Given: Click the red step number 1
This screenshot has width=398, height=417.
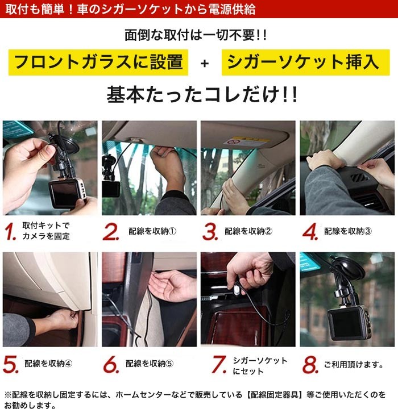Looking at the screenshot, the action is [x=11, y=231].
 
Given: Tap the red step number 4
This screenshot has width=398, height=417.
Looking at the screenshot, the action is [x=310, y=231].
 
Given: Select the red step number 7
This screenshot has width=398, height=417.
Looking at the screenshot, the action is [x=219, y=364].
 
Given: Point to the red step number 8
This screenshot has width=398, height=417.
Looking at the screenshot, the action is [x=310, y=364].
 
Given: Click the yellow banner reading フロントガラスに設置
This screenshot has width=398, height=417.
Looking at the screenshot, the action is [x=98, y=62].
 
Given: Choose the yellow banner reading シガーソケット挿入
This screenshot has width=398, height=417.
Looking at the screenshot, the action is [x=306, y=62].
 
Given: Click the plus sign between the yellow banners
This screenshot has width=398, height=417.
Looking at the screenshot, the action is [x=205, y=63].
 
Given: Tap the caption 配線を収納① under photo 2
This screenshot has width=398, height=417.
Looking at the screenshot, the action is [x=152, y=231].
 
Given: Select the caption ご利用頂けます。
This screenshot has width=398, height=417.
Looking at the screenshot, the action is [x=354, y=364].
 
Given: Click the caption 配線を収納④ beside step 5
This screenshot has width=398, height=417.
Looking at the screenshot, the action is [x=48, y=363].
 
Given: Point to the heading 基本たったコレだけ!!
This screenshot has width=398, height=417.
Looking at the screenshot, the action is [x=202, y=95].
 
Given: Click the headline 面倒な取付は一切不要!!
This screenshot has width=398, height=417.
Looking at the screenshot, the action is [x=196, y=35].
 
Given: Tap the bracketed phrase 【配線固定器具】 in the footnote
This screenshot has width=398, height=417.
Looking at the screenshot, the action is [x=274, y=395].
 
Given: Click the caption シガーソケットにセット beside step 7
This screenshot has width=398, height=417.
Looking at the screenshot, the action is [x=260, y=366].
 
